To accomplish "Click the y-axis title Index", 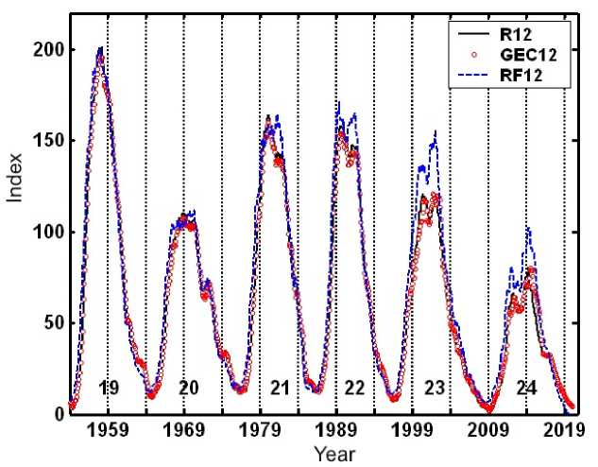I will click(16, 214).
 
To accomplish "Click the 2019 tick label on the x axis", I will click(564, 430).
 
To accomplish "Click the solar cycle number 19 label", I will click(109, 387).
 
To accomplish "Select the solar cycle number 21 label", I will click(280, 387).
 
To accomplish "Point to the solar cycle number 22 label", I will click(355, 387).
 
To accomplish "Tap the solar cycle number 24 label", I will click(526, 387).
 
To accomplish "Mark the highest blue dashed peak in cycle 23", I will click(436, 132).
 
